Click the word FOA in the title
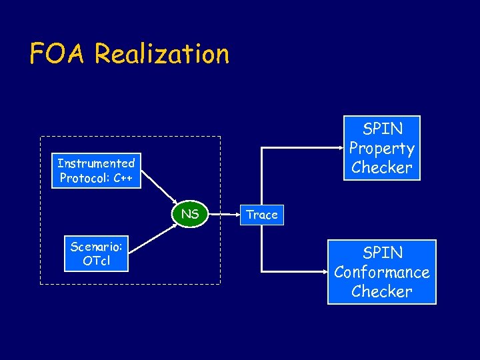(x=58, y=53)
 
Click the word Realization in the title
(x=161, y=53)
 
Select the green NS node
(x=190, y=214)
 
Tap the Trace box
(x=262, y=215)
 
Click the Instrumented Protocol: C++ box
(x=96, y=171)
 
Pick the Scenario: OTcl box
(x=96, y=253)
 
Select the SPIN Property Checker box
(x=382, y=148)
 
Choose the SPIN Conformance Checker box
(x=382, y=272)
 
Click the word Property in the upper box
(x=382, y=148)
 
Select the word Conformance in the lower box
(x=382, y=272)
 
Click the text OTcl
(x=96, y=261)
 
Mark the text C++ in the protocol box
(x=122, y=178)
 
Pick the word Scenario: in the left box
(x=96, y=246)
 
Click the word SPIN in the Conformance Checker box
(x=382, y=253)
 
